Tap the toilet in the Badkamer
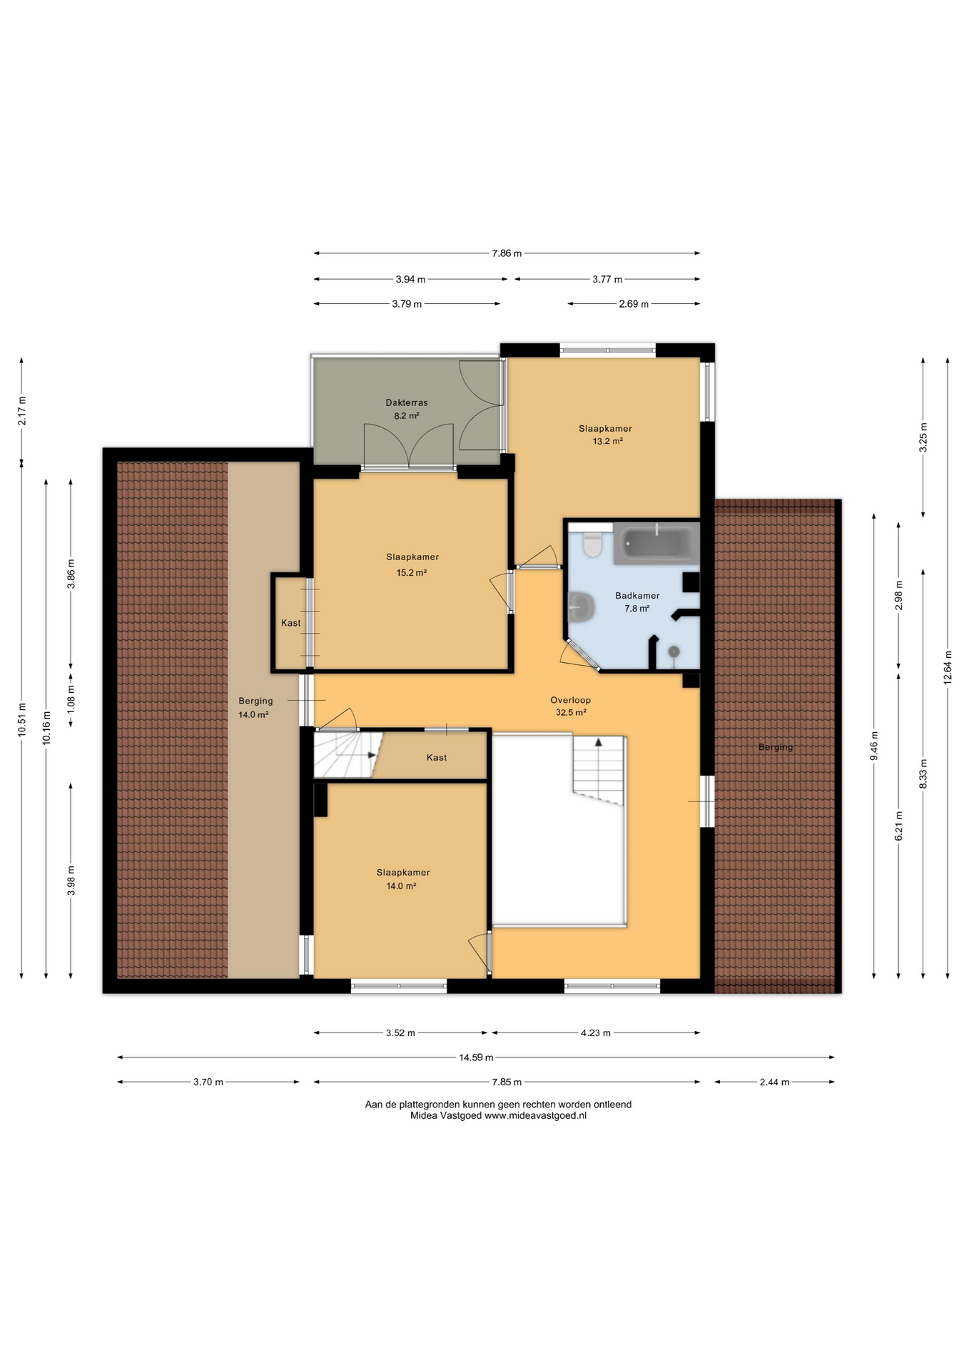tap(592, 544)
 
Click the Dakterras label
tap(407, 402)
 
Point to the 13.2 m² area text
tap(608, 441)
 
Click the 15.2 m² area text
tap(412, 572)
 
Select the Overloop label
tap(570, 700)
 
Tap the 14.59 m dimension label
tap(476, 1057)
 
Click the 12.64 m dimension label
tap(948, 667)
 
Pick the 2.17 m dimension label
tap(21, 410)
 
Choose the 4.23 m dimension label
tap(596, 1032)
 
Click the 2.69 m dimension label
tap(634, 304)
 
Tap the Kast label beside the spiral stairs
tap(437, 757)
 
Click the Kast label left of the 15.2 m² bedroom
tap(290, 623)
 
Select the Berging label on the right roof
tap(776, 747)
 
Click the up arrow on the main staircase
tap(598, 741)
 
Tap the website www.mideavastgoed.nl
tap(535, 1115)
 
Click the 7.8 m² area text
tap(637, 609)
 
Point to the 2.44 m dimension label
tap(774, 1082)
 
